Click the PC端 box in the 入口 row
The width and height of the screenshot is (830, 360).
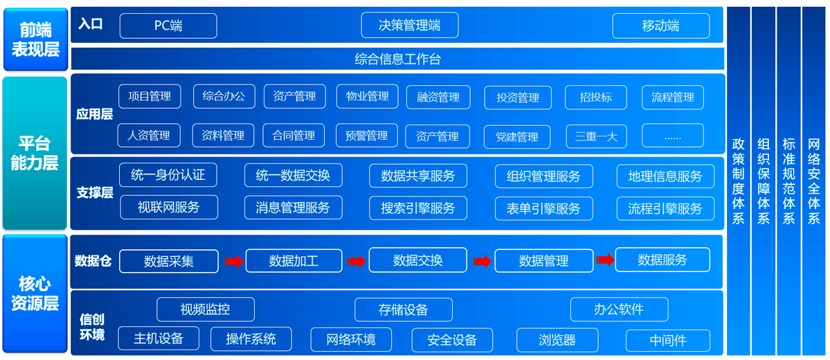pyautogui.click(x=168, y=26)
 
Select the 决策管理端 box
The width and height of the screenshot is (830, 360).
pyautogui.click(x=410, y=26)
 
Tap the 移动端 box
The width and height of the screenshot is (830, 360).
pyautogui.click(x=660, y=26)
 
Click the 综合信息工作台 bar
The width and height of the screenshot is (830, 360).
pyautogui.click(x=397, y=59)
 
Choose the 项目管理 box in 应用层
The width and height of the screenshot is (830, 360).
pyautogui.click(x=150, y=96)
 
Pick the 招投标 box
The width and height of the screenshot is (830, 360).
pyautogui.click(x=596, y=98)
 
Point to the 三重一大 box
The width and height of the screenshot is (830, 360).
pyautogui.click(x=597, y=136)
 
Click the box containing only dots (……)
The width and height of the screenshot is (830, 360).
pyautogui.click(x=673, y=136)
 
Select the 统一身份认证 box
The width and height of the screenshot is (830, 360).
pyautogui.click(x=168, y=175)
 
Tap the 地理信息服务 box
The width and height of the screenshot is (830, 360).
pyautogui.click(x=665, y=177)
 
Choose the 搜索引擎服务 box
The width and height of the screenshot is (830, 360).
pyautogui.click(x=418, y=208)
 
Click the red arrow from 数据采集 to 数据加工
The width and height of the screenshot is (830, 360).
pyautogui.click(x=233, y=261)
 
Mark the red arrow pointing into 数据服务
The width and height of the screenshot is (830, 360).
pyautogui.click(x=605, y=260)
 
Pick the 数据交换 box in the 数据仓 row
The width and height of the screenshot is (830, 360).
pyautogui.click(x=417, y=260)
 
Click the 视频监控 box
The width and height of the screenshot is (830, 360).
pyautogui.click(x=206, y=309)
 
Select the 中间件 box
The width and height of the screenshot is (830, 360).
pyautogui.click(x=668, y=341)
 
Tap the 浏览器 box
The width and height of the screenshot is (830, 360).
pyautogui.click(x=557, y=340)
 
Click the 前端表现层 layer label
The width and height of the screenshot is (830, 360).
pyautogui.click(x=35, y=39)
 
